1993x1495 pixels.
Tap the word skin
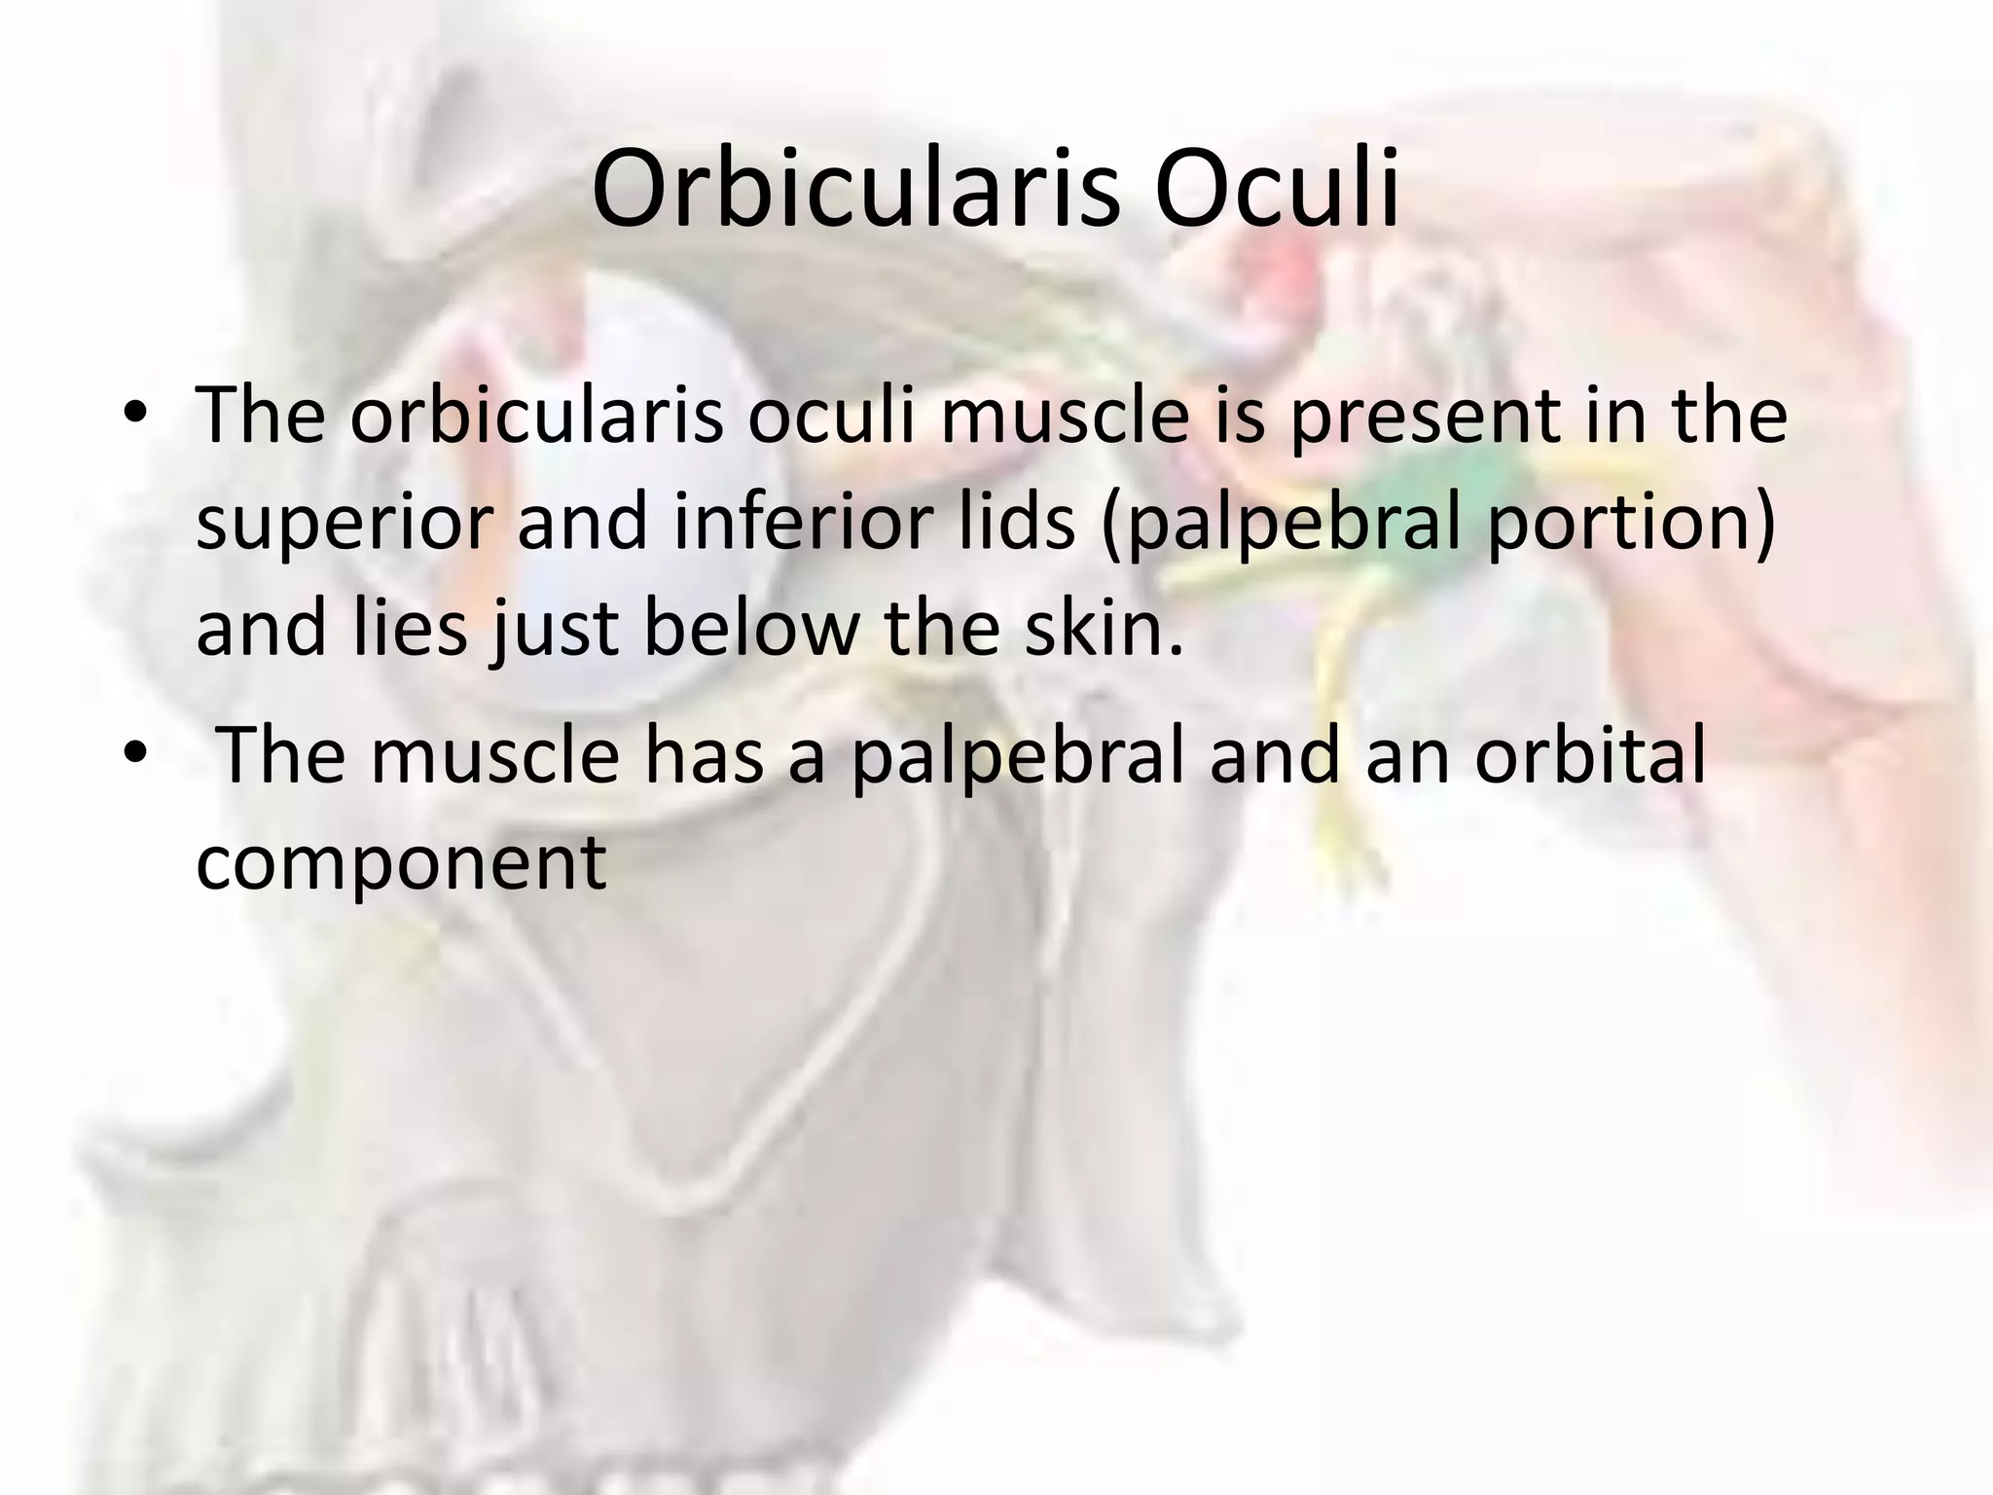coord(1108,628)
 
